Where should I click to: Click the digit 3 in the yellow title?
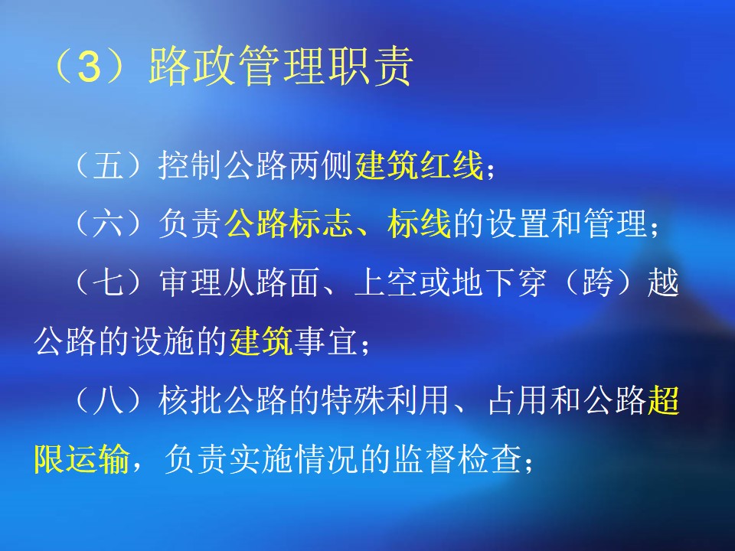pos(90,67)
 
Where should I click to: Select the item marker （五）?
pos(108,165)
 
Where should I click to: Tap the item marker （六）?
pos(108,223)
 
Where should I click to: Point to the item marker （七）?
pos(108,282)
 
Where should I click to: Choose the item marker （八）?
pos(108,399)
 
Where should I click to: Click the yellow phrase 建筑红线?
pos(419,165)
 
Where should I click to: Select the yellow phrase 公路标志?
pos(289,223)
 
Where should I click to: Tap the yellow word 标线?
pos(420,223)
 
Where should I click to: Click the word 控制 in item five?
pos(190,165)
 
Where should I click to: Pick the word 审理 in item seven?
pos(190,282)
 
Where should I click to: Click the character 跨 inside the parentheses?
pos(598,282)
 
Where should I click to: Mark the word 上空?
pos(386,282)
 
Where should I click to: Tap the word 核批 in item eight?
pos(190,399)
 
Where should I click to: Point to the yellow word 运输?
pos(97,458)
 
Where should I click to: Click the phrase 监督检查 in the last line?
pos(457,458)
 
